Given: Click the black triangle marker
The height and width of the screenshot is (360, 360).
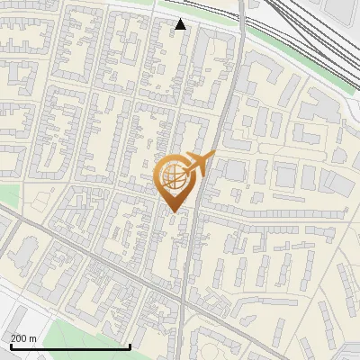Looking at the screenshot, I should (181, 24).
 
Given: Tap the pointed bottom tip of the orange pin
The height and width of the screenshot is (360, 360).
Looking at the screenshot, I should (173, 212).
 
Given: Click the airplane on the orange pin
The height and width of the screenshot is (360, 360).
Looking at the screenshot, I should (200, 164).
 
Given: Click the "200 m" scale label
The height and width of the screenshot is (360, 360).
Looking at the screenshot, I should (23, 338).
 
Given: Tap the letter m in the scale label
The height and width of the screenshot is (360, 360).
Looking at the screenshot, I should (32, 338).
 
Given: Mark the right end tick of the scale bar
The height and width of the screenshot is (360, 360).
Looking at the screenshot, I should (130, 346).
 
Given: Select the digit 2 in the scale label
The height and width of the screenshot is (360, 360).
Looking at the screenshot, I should (13, 338).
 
